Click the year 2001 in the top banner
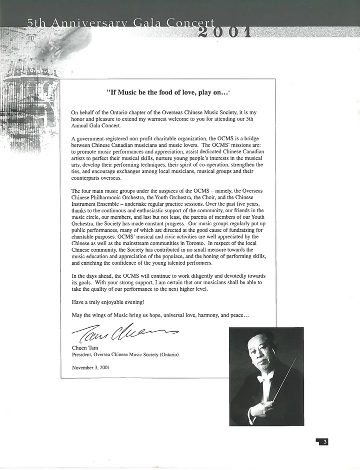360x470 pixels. (x=224, y=32)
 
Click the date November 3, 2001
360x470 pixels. (x=91, y=367)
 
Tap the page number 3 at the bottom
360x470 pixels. (x=325, y=442)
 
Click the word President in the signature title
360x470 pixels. (x=84, y=355)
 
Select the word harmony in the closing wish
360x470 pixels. (x=201, y=315)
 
